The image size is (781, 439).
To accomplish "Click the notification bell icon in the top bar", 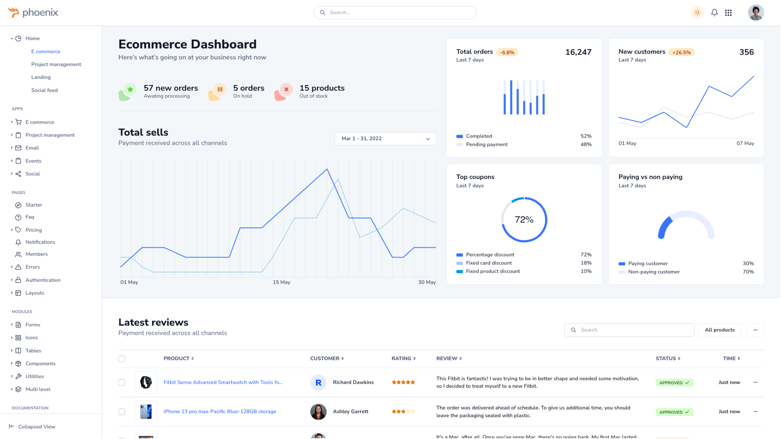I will (714, 13).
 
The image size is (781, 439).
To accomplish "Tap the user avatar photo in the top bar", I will (756, 13).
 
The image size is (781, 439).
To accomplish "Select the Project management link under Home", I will (56, 64).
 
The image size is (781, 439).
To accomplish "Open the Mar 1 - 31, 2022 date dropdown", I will (385, 139).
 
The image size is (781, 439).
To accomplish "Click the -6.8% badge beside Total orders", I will (507, 52).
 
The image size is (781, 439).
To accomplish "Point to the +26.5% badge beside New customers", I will (682, 52).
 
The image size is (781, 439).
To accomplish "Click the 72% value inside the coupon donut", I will (524, 220).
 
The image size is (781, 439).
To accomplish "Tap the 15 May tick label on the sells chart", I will (281, 282).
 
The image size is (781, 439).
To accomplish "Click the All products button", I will (720, 330).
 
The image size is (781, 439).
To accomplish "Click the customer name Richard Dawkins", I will (353, 382).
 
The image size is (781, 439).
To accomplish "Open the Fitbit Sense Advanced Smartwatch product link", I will (223, 382).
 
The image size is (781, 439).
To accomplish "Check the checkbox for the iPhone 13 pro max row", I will (122, 412).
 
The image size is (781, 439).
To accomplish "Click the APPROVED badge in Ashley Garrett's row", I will (674, 412).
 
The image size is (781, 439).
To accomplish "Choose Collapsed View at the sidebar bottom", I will (36, 427).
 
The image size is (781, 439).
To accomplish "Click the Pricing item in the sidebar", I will (33, 230).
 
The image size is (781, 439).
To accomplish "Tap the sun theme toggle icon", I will (697, 13).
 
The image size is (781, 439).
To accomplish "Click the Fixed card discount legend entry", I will (489, 263).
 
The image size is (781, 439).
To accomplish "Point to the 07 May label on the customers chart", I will (745, 143).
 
